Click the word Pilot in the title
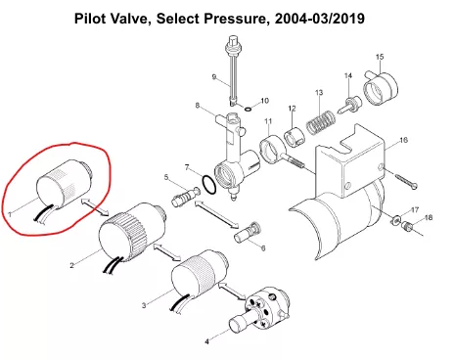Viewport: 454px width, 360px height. (x=91, y=19)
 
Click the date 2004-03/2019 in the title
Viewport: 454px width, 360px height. (x=320, y=19)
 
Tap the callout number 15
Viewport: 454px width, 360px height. (x=380, y=57)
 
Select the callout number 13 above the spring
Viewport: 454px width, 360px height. (x=319, y=93)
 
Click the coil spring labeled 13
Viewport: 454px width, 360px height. (x=321, y=122)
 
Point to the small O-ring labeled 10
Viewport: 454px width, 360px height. (x=248, y=109)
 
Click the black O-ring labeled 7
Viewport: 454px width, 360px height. (x=208, y=184)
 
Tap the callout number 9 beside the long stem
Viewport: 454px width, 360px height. (x=214, y=77)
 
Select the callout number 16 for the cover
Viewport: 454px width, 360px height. (x=404, y=140)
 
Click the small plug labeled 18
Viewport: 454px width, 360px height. (x=406, y=225)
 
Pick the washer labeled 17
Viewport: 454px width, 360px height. (x=395, y=220)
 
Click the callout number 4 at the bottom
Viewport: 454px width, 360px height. (x=206, y=341)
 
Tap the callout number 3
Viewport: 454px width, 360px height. (x=144, y=305)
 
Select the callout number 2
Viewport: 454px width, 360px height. (x=71, y=265)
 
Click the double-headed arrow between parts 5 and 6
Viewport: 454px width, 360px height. (x=217, y=214)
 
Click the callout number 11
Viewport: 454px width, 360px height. (x=268, y=121)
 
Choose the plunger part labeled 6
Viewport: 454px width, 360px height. (x=248, y=232)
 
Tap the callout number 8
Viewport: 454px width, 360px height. (x=198, y=106)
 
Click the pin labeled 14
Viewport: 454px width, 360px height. (x=350, y=105)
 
